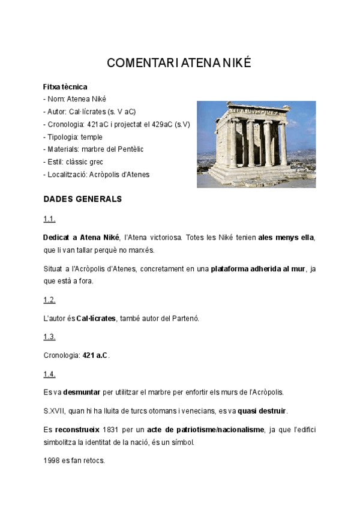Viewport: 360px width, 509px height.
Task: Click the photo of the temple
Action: click(x=256, y=144)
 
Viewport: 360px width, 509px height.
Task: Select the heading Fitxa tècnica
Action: click(x=65, y=87)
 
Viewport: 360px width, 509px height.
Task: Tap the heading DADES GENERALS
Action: click(x=83, y=199)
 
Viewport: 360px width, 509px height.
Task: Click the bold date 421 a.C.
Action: click(x=95, y=355)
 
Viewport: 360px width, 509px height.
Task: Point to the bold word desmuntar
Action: click(x=82, y=393)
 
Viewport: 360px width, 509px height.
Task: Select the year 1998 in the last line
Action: click(x=52, y=460)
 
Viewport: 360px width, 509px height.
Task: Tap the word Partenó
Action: click(x=185, y=318)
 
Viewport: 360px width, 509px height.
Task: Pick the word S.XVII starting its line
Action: click(x=54, y=411)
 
